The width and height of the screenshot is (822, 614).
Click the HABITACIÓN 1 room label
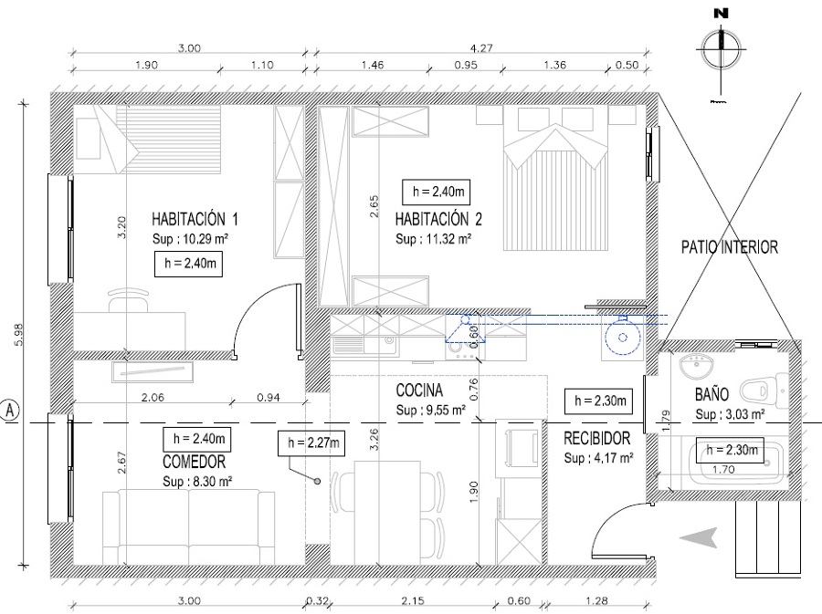195,219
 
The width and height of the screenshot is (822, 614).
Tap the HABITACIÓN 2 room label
438,219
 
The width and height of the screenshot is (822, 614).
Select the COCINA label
419,390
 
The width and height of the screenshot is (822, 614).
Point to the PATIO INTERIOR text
729,247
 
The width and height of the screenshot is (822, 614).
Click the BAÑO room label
711,394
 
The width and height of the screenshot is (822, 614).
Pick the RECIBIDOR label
597,438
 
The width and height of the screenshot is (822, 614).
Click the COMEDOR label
194,462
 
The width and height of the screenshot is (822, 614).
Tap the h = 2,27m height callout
313,443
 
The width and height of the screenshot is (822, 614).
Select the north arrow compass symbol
722,50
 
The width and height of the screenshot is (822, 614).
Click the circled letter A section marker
10,410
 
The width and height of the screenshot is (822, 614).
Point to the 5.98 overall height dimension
19,335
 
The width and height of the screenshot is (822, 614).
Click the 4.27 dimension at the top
481,48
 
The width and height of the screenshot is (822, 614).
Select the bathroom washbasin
696,366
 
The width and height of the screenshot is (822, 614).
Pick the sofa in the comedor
188,526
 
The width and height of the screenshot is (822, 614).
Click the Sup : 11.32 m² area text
433,239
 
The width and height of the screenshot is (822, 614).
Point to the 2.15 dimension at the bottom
413,601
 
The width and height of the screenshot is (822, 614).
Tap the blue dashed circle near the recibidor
622,338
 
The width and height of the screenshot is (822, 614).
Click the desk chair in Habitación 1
129,300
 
